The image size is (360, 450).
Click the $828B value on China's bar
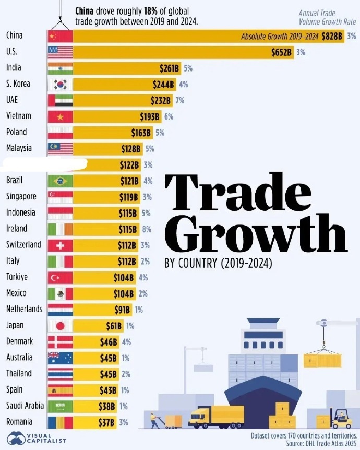pos(332,37)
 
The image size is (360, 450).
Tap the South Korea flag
pos(60,85)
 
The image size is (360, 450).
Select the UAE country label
pos(13,100)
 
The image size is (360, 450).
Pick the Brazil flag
pos(60,181)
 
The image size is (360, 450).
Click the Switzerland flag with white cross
pos(60,245)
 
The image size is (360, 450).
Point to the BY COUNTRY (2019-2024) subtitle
pos(218,264)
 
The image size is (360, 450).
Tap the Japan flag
pos(60,326)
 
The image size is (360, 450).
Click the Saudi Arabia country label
pos(23,406)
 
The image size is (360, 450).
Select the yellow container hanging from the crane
pos(322,360)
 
